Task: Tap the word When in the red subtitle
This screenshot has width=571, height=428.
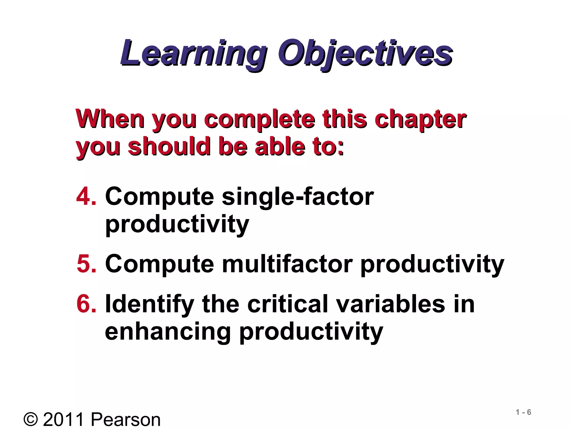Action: tap(110, 119)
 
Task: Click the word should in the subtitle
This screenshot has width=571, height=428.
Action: tap(169, 147)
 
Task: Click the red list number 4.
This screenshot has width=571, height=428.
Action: tap(86, 197)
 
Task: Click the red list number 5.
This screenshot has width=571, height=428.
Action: tap(86, 264)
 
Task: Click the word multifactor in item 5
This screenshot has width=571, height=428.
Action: tap(287, 264)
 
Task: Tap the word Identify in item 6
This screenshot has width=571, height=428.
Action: tap(149, 305)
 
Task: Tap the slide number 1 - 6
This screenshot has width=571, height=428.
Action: tap(523, 412)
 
